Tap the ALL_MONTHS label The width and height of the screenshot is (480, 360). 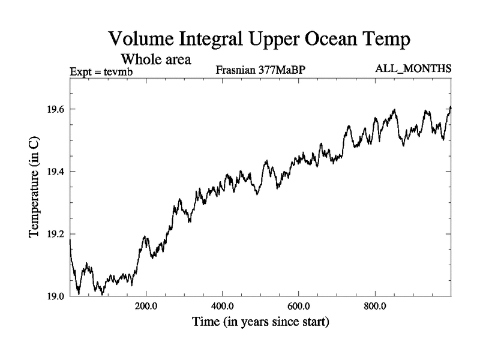413,69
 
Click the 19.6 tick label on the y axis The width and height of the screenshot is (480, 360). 55,109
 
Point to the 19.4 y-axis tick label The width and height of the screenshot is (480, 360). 55,172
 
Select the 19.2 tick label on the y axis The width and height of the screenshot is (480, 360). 55,234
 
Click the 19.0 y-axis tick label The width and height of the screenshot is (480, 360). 55,296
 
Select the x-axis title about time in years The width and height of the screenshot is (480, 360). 260,322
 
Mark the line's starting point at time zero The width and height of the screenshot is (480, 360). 70,240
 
